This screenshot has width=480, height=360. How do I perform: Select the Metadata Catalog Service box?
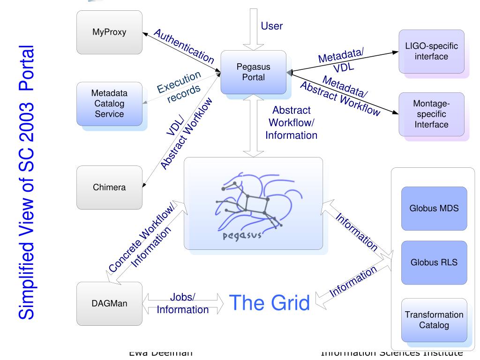[x=109, y=104]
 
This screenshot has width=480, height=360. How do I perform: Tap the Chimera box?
[x=109, y=187]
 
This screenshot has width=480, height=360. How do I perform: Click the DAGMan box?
[x=109, y=303]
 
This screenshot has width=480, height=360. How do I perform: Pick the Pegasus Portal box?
[x=253, y=72]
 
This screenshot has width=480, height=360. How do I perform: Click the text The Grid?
[x=269, y=303]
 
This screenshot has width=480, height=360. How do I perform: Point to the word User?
[x=272, y=26]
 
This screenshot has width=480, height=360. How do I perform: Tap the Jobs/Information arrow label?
[x=183, y=304]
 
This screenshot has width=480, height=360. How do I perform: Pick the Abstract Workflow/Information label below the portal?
[x=292, y=123]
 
